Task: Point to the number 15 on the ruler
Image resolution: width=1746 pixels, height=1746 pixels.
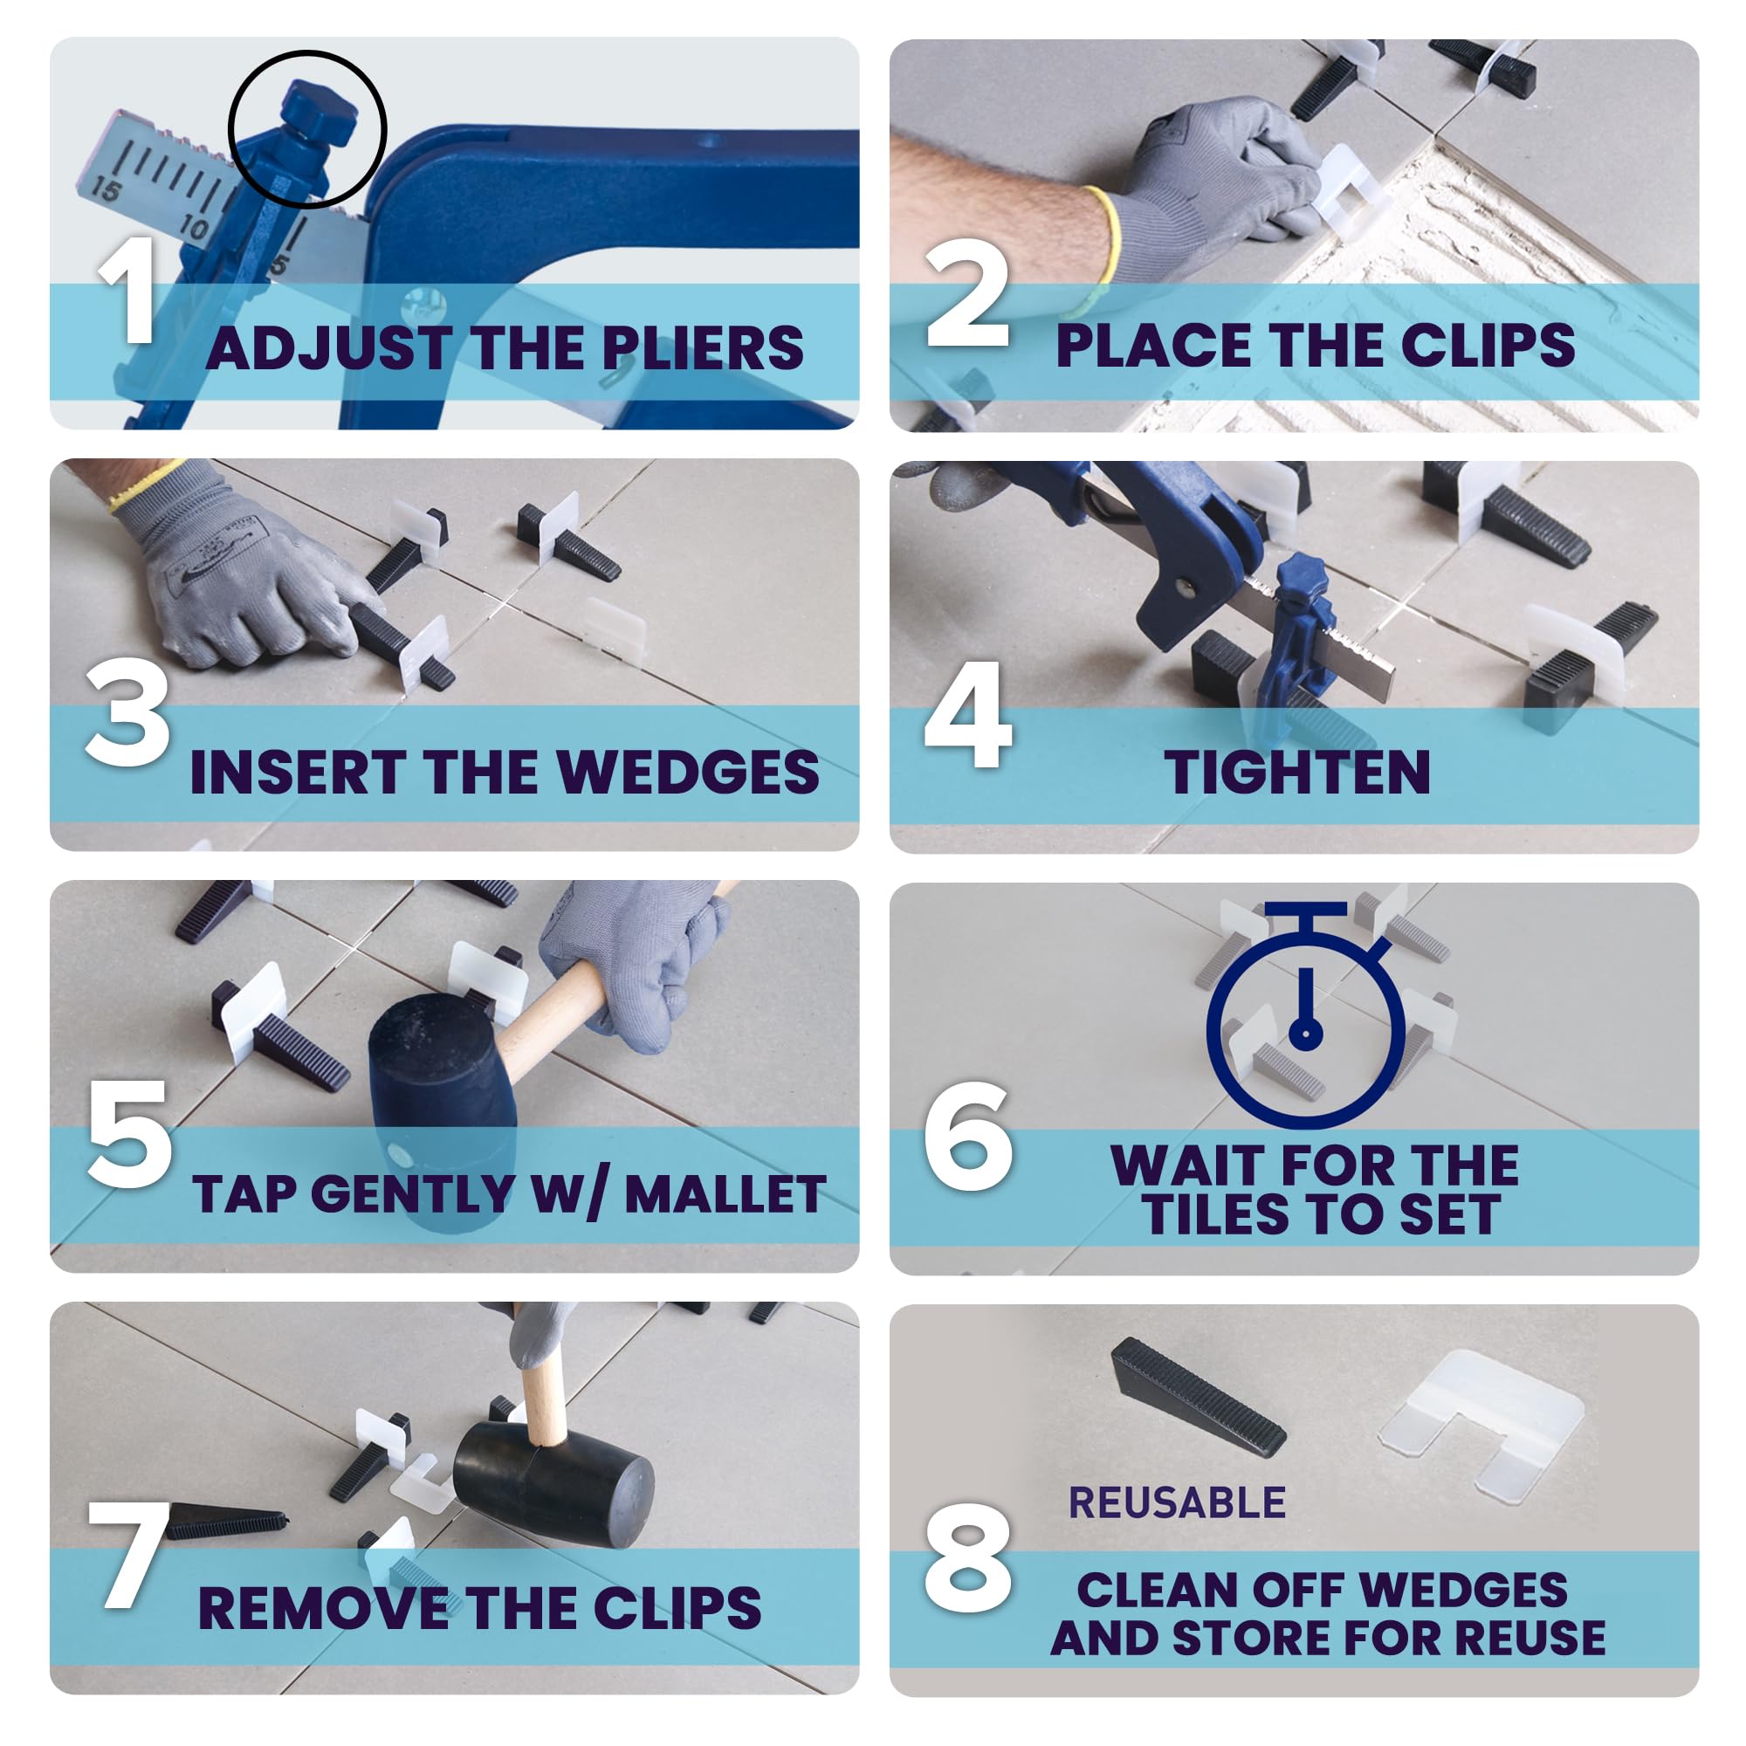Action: (106, 189)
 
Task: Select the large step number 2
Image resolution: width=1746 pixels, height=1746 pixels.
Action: (966, 292)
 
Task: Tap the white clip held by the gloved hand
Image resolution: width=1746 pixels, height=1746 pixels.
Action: (1350, 190)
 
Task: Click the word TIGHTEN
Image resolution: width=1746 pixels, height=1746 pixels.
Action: (1297, 773)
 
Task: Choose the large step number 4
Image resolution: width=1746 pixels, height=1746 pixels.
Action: (968, 716)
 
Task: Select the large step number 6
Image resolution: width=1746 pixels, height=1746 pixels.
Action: (967, 1136)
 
